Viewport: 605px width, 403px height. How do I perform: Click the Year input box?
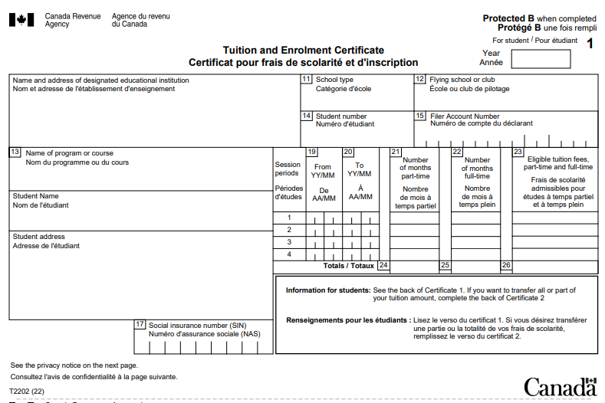coord(541,59)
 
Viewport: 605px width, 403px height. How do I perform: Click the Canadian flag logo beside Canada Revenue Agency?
coord(21,20)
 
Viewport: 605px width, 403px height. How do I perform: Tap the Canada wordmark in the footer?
coord(559,386)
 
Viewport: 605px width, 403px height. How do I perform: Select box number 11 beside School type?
coord(306,79)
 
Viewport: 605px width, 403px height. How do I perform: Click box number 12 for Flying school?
coord(419,79)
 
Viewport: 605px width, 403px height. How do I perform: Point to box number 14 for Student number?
coord(306,116)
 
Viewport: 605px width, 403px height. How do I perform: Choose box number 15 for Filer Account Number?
coord(419,116)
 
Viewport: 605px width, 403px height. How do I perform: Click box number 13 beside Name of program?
coord(15,152)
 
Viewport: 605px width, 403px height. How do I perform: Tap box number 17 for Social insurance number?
coord(140,324)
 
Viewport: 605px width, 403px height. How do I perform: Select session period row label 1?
coord(289,218)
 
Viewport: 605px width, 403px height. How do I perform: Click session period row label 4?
coord(289,254)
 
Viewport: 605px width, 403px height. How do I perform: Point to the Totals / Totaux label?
coord(348,266)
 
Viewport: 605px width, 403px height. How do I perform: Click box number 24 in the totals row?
coord(383,266)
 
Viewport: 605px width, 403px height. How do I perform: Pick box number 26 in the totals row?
coord(506,266)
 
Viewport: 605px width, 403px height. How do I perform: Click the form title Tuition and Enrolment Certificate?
coord(304,51)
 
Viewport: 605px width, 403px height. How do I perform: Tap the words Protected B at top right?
coord(508,18)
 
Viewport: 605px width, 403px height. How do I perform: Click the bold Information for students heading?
coord(327,291)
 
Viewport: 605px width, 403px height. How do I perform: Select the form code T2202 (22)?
coord(28,392)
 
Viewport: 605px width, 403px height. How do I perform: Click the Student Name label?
coord(35,196)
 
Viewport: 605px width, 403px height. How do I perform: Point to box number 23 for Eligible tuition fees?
coord(518,152)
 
